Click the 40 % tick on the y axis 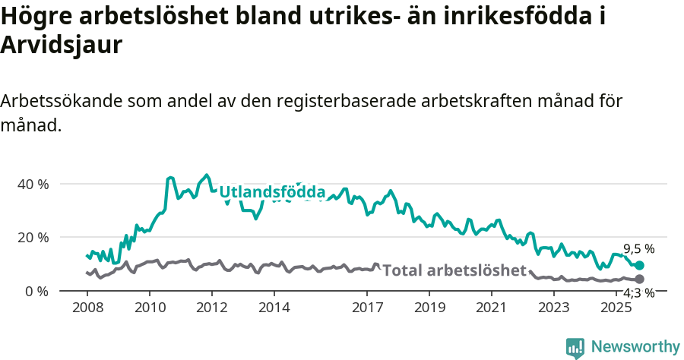[x=33, y=184]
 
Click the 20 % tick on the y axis [x=33, y=237]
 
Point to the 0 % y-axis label [x=36, y=291]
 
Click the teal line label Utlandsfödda [x=272, y=193]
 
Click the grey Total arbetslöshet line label [x=454, y=270]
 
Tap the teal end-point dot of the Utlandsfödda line [x=639, y=265]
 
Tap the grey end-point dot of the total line [x=639, y=279]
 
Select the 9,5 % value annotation [x=638, y=249]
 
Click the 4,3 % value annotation [x=638, y=293]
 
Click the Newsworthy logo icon [x=575, y=347]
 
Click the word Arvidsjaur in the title [x=62, y=45]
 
